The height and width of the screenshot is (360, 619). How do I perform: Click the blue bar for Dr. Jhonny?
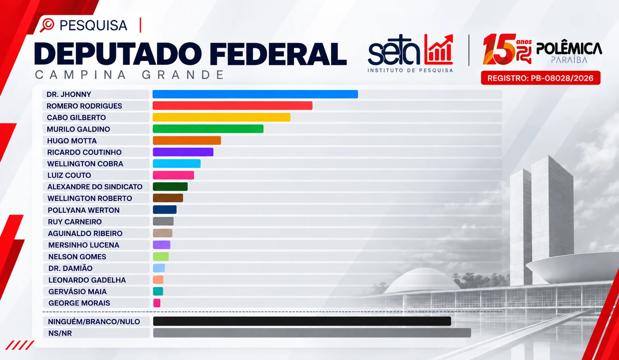255,94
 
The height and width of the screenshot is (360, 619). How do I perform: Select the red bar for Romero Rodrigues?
233,105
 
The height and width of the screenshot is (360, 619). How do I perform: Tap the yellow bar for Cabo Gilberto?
221,117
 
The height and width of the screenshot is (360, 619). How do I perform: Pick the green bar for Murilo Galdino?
208,129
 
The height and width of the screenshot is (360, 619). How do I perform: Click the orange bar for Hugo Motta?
187,140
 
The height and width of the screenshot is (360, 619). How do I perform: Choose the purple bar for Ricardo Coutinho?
183,152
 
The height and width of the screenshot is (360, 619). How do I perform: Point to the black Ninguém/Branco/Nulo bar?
302,321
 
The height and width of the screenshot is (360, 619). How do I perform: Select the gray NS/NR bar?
312,333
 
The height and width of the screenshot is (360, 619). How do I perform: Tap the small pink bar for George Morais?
157,303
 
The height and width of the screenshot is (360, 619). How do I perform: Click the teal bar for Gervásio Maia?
158,291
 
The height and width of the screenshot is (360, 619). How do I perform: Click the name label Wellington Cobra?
85,164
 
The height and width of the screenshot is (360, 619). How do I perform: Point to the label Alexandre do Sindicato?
95,187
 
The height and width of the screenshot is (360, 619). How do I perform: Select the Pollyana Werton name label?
84,210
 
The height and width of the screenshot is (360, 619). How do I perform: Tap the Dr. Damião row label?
70,268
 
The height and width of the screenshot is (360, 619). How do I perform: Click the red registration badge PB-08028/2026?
540,78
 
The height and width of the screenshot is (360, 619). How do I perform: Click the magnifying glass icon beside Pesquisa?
47,25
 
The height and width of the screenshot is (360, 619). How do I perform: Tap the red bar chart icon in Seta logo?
438,49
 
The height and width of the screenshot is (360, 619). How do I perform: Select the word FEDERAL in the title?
278,53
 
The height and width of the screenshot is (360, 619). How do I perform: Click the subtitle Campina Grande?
129,75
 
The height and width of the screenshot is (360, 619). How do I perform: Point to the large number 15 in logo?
499,49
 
